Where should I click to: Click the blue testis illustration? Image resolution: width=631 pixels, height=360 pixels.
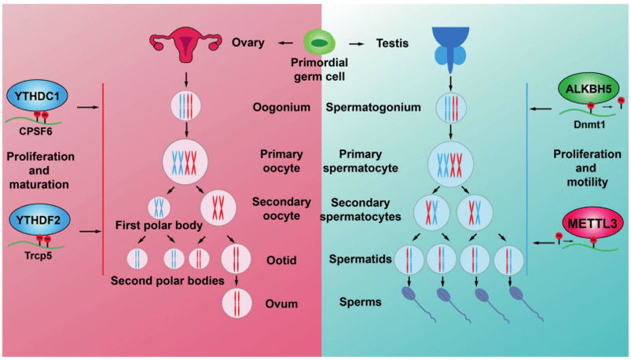tap(449, 42)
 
